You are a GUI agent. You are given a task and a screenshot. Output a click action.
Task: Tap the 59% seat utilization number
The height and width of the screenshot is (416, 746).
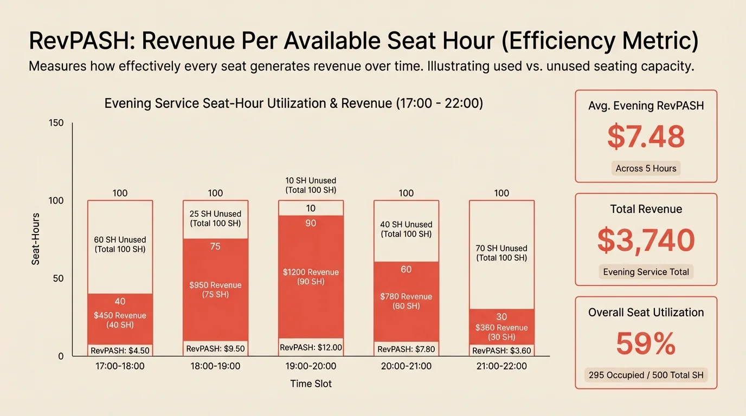646,343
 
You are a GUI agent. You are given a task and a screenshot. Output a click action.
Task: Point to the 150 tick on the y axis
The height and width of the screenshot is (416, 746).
56,123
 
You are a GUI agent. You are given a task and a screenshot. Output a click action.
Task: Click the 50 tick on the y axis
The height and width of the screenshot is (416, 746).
59,278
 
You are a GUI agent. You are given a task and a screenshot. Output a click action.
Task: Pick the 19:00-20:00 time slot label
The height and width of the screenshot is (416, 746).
311,366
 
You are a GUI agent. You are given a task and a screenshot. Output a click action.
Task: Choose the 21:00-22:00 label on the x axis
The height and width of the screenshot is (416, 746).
501,366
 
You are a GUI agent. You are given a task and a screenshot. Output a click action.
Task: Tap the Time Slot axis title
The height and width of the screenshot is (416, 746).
311,383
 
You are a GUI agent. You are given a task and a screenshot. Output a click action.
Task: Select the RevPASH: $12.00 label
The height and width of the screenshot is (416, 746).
311,348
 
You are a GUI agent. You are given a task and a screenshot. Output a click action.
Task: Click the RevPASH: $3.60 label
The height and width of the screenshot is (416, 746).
501,350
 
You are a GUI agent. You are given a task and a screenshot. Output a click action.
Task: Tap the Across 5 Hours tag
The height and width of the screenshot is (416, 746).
646,168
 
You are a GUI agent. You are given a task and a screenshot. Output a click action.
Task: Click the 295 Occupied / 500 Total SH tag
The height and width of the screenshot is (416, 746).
646,375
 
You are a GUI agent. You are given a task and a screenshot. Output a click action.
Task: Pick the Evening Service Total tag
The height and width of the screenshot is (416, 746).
646,272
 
